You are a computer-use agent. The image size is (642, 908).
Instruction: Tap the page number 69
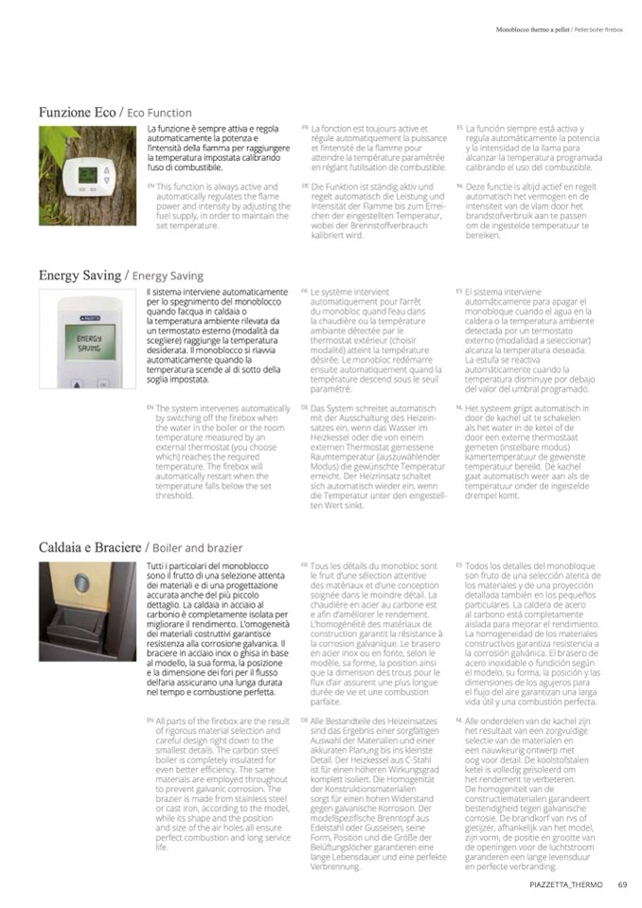click(x=622, y=886)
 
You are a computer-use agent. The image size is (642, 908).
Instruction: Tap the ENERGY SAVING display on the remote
click(x=90, y=344)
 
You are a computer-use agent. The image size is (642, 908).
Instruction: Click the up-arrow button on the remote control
click(x=77, y=383)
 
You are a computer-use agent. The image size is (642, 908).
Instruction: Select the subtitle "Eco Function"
click(x=159, y=114)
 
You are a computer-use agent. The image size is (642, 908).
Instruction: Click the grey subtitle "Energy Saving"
click(x=167, y=276)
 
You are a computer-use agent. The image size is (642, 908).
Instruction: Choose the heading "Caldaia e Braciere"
click(x=89, y=547)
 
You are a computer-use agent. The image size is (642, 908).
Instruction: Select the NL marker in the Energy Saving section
click(x=458, y=407)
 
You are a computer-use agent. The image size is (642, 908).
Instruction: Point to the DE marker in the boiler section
click(x=304, y=720)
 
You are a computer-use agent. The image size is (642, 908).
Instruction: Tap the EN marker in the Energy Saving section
click(x=150, y=407)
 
